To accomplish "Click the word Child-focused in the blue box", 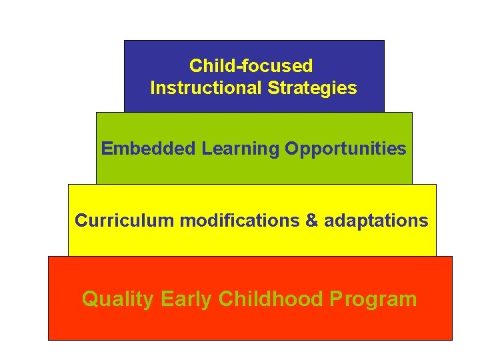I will [251, 66].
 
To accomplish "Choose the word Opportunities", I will [345, 149].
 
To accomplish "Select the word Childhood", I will [271, 299].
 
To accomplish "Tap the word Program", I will [373, 299].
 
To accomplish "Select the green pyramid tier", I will [254, 170].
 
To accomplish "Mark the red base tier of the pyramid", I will [250, 327].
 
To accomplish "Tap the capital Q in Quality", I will [90, 299].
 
